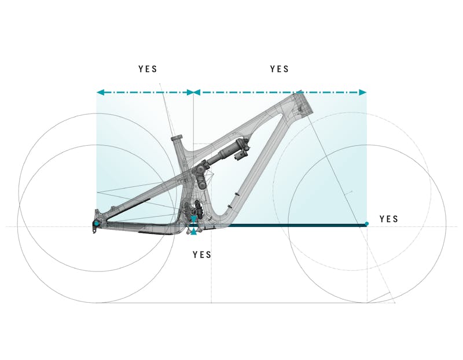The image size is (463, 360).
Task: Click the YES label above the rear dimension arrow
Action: tap(148, 69)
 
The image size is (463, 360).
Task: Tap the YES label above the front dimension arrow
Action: tap(280, 69)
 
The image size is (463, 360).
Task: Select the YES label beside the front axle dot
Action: tap(389, 219)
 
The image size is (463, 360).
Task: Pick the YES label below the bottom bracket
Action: tap(202, 255)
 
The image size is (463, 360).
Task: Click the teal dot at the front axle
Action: tap(366, 224)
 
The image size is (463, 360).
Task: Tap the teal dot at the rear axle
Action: tap(96, 223)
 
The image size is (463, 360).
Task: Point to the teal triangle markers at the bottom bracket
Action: tap(194, 231)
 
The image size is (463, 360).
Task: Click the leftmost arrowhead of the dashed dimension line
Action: tap(100, 92)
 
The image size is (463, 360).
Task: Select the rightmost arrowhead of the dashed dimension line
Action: tap(363, 92)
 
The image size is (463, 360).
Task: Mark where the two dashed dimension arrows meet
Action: tap(193, 92)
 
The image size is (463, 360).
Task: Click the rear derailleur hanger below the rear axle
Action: tap(96, 231)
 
